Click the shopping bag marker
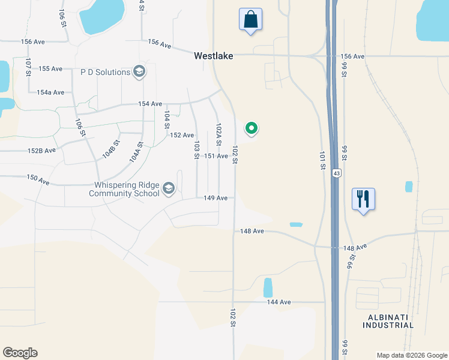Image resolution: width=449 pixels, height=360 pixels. [250, 19]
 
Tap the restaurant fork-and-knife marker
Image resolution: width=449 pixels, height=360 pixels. [363, 199]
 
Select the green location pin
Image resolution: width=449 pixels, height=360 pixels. [252, 128]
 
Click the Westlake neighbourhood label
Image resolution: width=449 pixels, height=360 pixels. [213, 56]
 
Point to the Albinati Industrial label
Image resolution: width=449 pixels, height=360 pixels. [388, 321]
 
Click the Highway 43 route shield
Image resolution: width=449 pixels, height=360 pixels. [337, 173]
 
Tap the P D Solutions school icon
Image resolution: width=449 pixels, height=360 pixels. [139, 72]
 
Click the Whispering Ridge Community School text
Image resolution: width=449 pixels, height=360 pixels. [125, 189]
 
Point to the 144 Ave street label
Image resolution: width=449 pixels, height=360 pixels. [279, 302]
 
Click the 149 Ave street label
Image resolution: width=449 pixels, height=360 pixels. [215, 198]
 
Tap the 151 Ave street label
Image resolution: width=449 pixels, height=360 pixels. [216, 156]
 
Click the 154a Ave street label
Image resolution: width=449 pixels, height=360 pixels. [50, 92]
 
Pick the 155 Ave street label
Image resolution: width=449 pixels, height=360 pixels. [50, 69]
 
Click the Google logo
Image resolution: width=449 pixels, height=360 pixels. [20, 353]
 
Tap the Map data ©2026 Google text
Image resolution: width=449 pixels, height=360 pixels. [411, 355]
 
